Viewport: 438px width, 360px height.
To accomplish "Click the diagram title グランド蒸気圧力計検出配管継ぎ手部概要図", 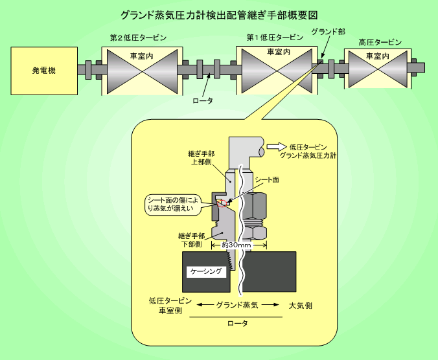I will tap(218, 14).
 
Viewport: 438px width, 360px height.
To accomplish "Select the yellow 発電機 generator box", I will tap(43, 70).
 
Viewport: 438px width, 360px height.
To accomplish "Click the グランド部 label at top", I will tap(328, 31).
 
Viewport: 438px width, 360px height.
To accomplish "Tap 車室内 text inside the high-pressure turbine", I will tap(378, 57).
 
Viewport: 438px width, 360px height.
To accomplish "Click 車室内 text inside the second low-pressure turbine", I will tap(141, 56).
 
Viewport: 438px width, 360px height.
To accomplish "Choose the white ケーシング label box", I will tap(207, 272).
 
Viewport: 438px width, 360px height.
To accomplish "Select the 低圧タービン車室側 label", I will tap(170, 306).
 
